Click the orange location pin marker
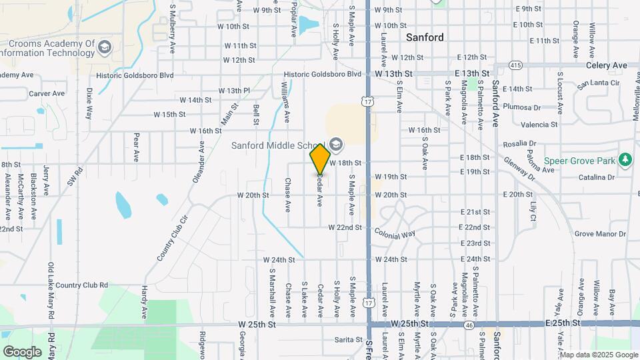coord(320,159)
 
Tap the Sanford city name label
coord(425,37)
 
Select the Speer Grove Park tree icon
coord(625,160)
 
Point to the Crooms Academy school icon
coord(104,47)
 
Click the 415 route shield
coord(515,65)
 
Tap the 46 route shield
coord(469,324)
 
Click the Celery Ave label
coord(607,65)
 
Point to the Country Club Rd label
coord(82,285)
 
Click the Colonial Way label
coord(395,234)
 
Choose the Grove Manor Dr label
coord(601,234)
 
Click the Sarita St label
coord(348,339)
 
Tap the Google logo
coord(22,351)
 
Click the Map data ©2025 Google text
coord(597,354)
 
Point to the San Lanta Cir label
coord(598,84)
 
